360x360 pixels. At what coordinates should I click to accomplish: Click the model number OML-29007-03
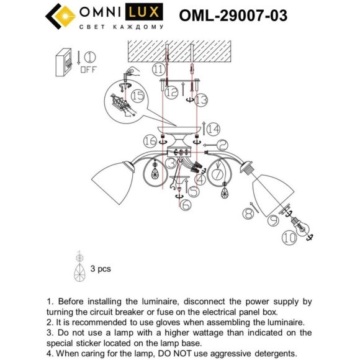(x=233, y=16)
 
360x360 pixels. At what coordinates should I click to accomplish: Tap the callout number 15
(x=137, y=96)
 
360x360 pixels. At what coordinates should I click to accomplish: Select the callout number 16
(x=149, y=142)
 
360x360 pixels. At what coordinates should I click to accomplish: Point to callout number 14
(x=213, y=129)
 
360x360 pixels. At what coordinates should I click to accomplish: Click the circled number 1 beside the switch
(x=89, y=60)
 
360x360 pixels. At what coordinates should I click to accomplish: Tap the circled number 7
(x=218, y=174)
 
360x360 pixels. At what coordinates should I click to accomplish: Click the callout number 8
(x=248, y=214)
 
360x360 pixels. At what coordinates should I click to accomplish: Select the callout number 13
(x=200, y=99)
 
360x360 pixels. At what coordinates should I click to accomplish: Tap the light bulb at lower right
(x=301, y=224)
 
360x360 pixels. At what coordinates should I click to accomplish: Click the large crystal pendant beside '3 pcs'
(x=79, y=272)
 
